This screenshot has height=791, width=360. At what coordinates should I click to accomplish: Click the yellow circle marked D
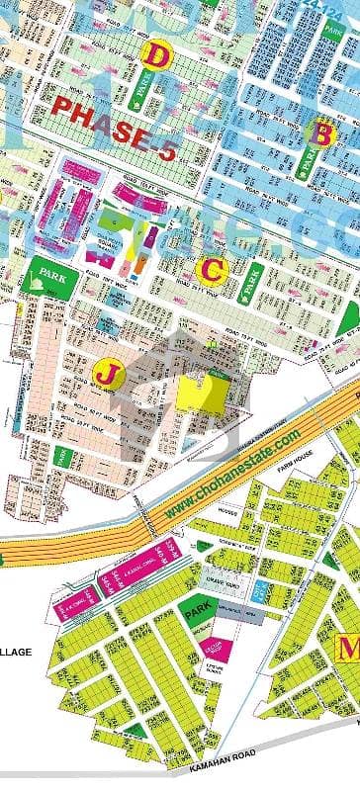(156, 55)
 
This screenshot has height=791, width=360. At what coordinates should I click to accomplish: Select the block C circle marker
(213, 268)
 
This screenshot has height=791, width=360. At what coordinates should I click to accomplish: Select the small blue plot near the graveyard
(259, 590)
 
